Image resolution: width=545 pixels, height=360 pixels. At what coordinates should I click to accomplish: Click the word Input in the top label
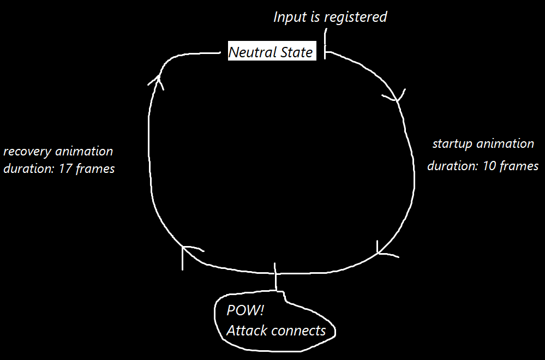coord(290,17)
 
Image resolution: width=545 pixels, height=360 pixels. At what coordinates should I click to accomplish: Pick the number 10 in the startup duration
coord(489,166)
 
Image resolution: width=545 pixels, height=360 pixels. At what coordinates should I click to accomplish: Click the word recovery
coord(27,152)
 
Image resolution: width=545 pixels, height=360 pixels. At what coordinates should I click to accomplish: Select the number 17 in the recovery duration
coord(65,169)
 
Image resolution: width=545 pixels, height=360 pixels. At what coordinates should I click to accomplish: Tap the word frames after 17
coord(95,169)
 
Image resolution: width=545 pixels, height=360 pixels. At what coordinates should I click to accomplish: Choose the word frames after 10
coord(518,166)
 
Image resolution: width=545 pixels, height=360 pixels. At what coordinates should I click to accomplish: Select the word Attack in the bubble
coord(243,331)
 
